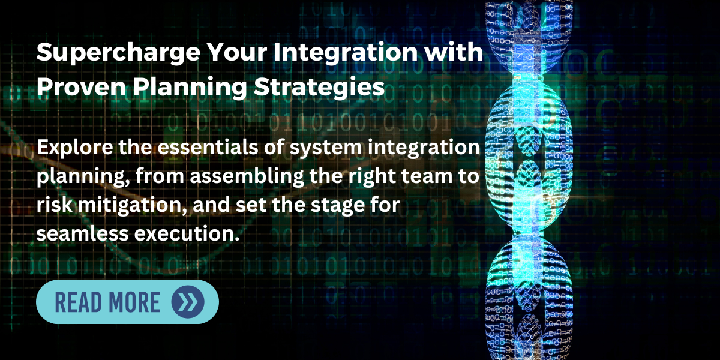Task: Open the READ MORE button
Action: pyautogui.click(x=127, y=302)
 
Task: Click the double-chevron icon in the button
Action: pyautogui.click(x=187, y=302)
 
